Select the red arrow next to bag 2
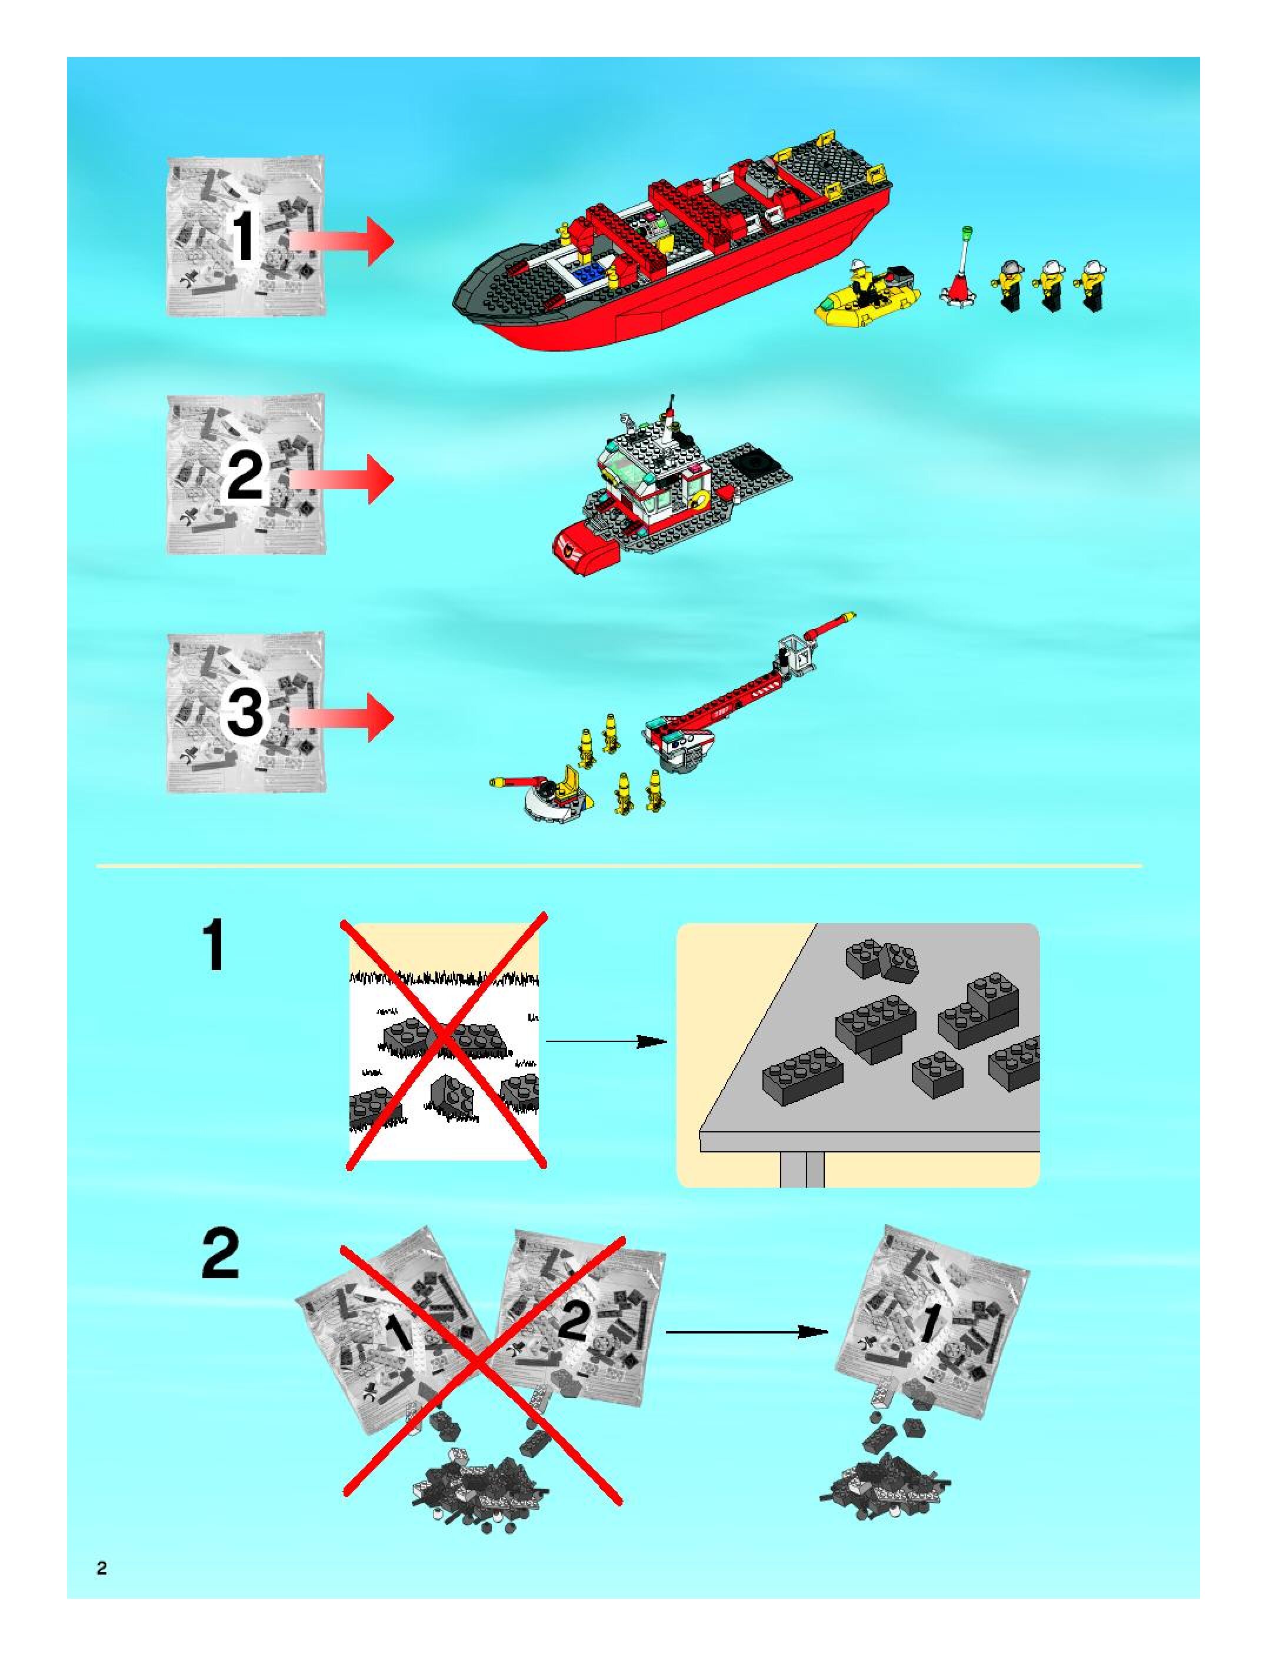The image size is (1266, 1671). [342, 479]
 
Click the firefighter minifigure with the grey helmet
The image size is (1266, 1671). [1009, 285]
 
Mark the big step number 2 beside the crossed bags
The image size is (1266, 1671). [220, 1255]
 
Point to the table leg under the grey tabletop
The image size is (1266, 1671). [802, 1169]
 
